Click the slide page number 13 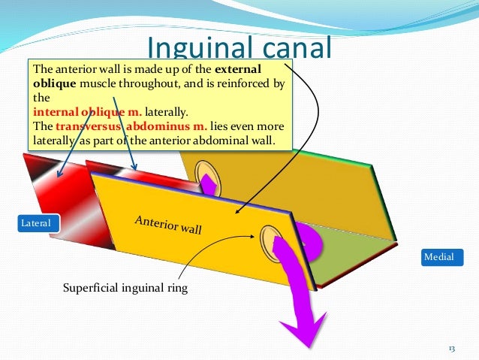click(452, 349)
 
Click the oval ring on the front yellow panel click(269, 242)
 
